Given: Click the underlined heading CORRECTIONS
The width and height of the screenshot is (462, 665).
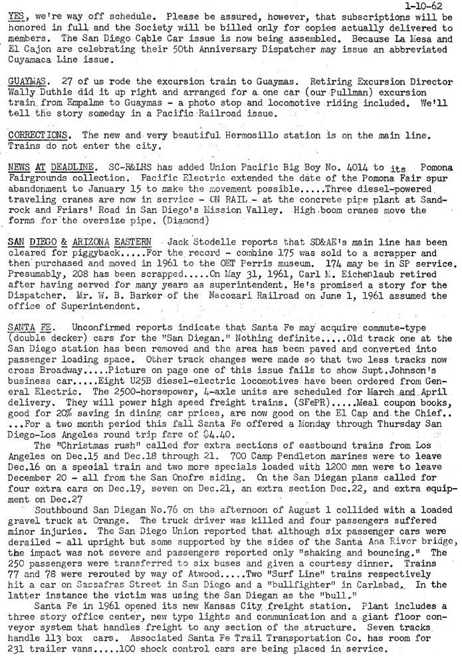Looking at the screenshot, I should coord(37,134).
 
